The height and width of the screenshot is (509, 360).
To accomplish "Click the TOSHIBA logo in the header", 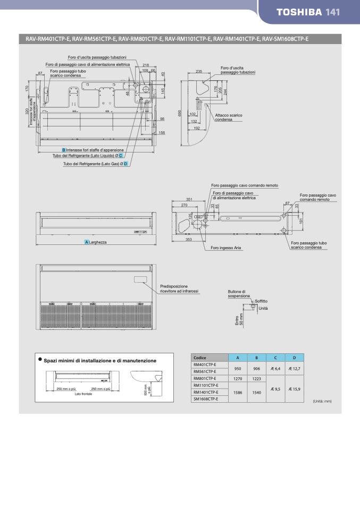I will click(x=299, y=12).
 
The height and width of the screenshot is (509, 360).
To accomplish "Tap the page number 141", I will click(x=332, y=12).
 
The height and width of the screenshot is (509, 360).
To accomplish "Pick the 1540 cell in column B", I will click(x=256, y=392).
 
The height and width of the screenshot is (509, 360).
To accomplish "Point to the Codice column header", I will click(x=200, y=358).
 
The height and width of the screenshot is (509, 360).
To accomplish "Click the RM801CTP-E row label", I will click(x=205, y=378).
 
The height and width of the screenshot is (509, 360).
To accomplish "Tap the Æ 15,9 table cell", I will click(x=294, y=389).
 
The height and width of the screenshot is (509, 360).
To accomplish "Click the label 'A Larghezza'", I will click(x=96, y=242).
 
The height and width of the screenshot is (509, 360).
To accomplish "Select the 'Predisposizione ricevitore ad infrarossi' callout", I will click(x=179, y=289).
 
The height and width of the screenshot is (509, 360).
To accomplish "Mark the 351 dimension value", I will click(x=189, y=199).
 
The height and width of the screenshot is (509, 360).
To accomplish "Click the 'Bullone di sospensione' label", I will click(x=237, y=294).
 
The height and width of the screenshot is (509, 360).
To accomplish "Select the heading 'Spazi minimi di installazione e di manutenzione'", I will click(x=100, y=361).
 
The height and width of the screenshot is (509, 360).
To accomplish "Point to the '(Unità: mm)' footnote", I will click(x=322, y=401).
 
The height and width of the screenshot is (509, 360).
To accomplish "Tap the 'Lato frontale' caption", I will click(x=83, y=394).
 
